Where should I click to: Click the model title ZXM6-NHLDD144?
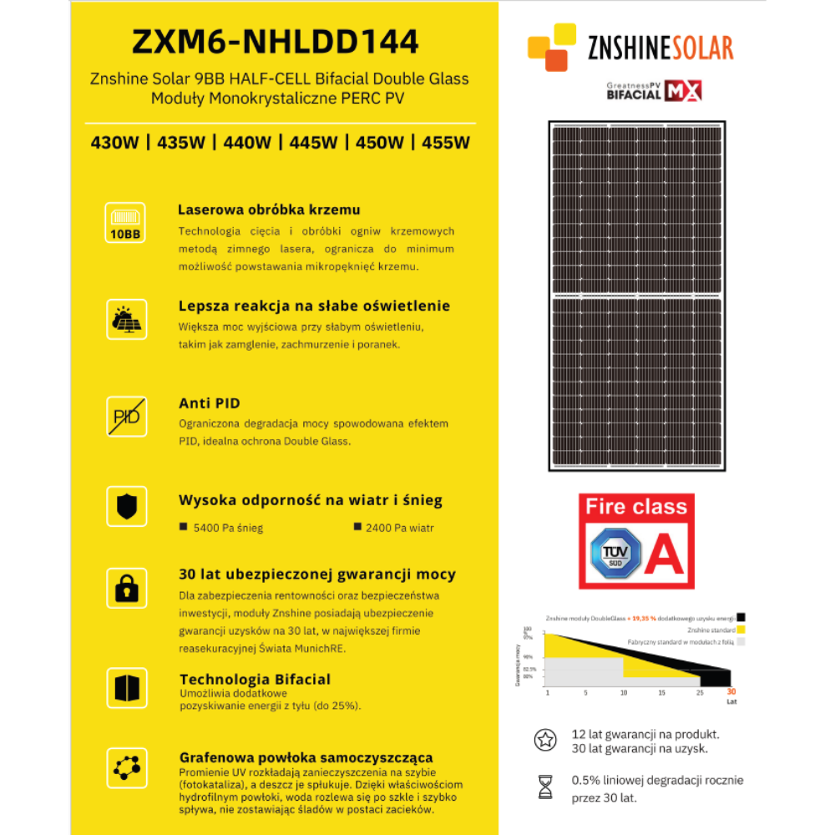coord(276,41)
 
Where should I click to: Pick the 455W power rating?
coord(446,142)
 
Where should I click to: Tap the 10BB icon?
coord(126,223)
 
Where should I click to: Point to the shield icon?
coord(126,506)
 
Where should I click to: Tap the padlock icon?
coord(126,588)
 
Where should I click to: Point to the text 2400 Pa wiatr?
coord(399,528)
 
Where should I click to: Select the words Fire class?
coord(636,507)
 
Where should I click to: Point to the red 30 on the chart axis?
coord(731,692)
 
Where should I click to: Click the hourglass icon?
coord(545,787)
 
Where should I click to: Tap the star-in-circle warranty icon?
coord(545,740)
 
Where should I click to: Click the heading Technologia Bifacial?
coord(255,679)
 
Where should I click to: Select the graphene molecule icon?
coord(126,767)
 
